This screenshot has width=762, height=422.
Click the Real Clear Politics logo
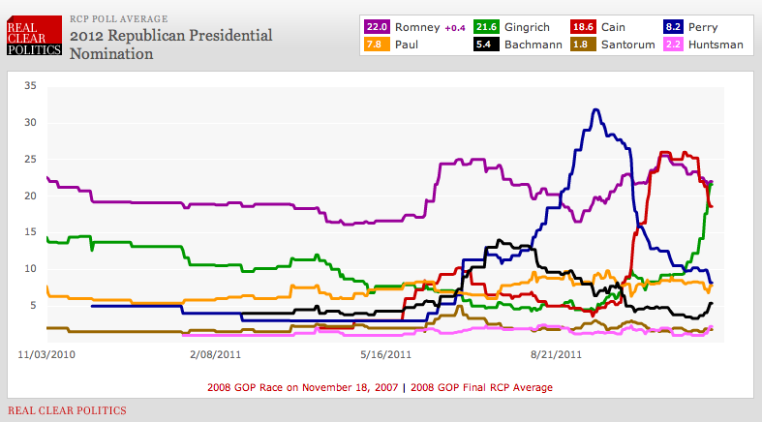tap(35, 36)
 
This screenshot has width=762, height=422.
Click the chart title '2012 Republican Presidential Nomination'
tap(170, 45)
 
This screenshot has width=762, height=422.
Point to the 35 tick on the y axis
tap(29, 86)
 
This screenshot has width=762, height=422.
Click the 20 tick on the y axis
tap(29, 196)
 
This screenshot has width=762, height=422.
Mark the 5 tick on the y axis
tap(31, 305)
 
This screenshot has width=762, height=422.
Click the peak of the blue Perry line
tap(596, 110)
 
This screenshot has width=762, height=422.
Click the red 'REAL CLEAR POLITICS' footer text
tap(67, 410)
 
